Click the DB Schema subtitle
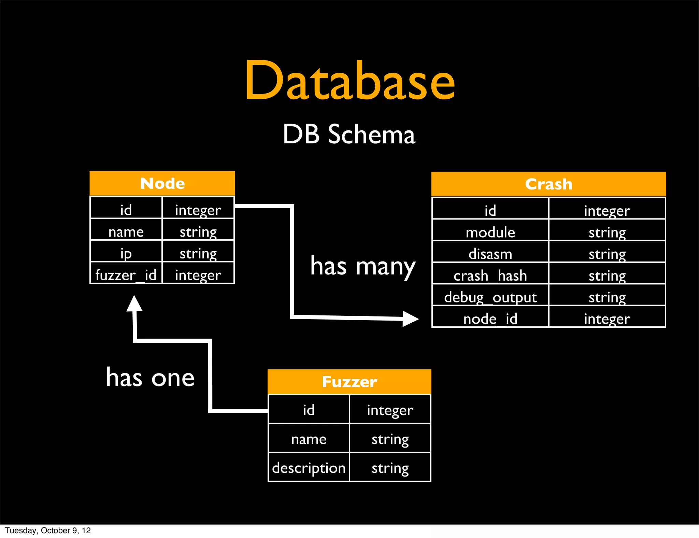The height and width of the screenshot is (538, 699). click(x=349, y=134)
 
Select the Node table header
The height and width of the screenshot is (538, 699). click(x=162, y=184)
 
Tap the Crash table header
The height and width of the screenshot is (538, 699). click(x=548, y=184)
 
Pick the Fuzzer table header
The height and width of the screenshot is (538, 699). click(x=349, y=382)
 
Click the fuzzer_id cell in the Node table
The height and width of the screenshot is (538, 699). click(x=126, y=275)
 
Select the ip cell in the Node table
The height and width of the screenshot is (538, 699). click(x=126, y=253)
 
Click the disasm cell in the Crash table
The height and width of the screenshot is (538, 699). click(x=490, y=254)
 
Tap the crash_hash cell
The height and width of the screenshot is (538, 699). click(x=490, y=275)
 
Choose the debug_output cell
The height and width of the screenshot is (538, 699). click(x=490, y=297)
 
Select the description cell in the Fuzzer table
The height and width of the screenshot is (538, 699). click(x=309, y=468)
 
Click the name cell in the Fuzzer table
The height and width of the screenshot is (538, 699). click(x=309, y=439)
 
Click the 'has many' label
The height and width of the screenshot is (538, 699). click(x=363, y=266)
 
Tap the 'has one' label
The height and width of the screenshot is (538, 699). click(x=150, y=378)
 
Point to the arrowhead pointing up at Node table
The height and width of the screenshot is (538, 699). click(x=134, y=303)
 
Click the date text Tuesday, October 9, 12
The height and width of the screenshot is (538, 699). click(x=48, y=530)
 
